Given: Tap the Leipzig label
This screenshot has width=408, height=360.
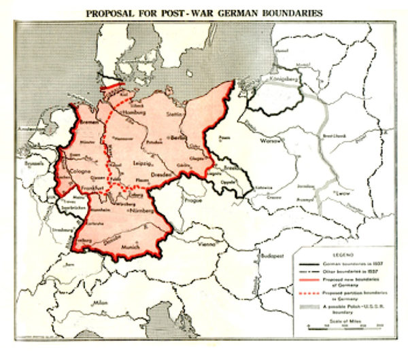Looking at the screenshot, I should tap(143, 164).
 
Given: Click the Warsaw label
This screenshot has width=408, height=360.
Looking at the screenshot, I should tap(271, 142).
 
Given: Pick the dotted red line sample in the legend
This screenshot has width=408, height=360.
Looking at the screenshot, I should tap(309, 293).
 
